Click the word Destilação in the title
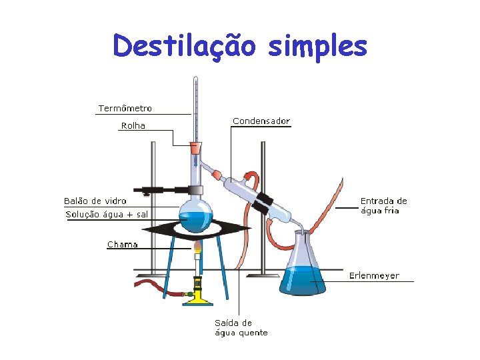click(x=184, y=45)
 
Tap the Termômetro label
click(x=125, y=108)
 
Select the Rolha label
click(x=133, y=125)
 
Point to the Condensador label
click(x=261, y=121)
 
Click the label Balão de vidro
click(x=95, y=201)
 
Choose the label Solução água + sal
click(x=107, y=215)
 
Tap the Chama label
click(x=123, y=245)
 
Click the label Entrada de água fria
click(x=383, y=205)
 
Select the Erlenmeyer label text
click(x=374, y=275)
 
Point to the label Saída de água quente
click(x=241, y=328)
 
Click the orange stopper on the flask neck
click(x=195, y=147)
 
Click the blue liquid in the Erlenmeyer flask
click(x=304, y=280)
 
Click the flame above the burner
click(x=197, y=249)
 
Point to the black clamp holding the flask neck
click(x=160, y=190)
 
